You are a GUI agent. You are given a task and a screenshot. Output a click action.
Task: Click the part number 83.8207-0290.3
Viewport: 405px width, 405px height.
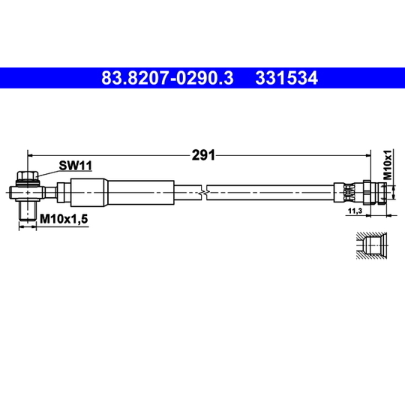point(167,78)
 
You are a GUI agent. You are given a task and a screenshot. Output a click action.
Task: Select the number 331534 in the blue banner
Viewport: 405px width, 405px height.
point(286,78)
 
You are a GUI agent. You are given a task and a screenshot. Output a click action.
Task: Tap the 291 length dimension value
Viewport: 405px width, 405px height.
point(203,155)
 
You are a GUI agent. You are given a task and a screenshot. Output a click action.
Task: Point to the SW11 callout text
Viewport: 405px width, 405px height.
point(75,165)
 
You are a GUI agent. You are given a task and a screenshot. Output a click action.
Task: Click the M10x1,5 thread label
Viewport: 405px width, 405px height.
point(64,219)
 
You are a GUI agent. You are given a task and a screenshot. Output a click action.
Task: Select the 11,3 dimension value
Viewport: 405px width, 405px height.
point(355,211)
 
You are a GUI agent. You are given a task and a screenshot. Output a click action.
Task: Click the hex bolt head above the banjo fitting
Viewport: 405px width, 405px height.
point(28,176)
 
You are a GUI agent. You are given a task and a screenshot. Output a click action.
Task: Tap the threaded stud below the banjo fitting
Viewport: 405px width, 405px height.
point(28,211)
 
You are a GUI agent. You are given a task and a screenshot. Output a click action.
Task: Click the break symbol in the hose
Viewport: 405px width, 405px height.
point(204,193)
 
